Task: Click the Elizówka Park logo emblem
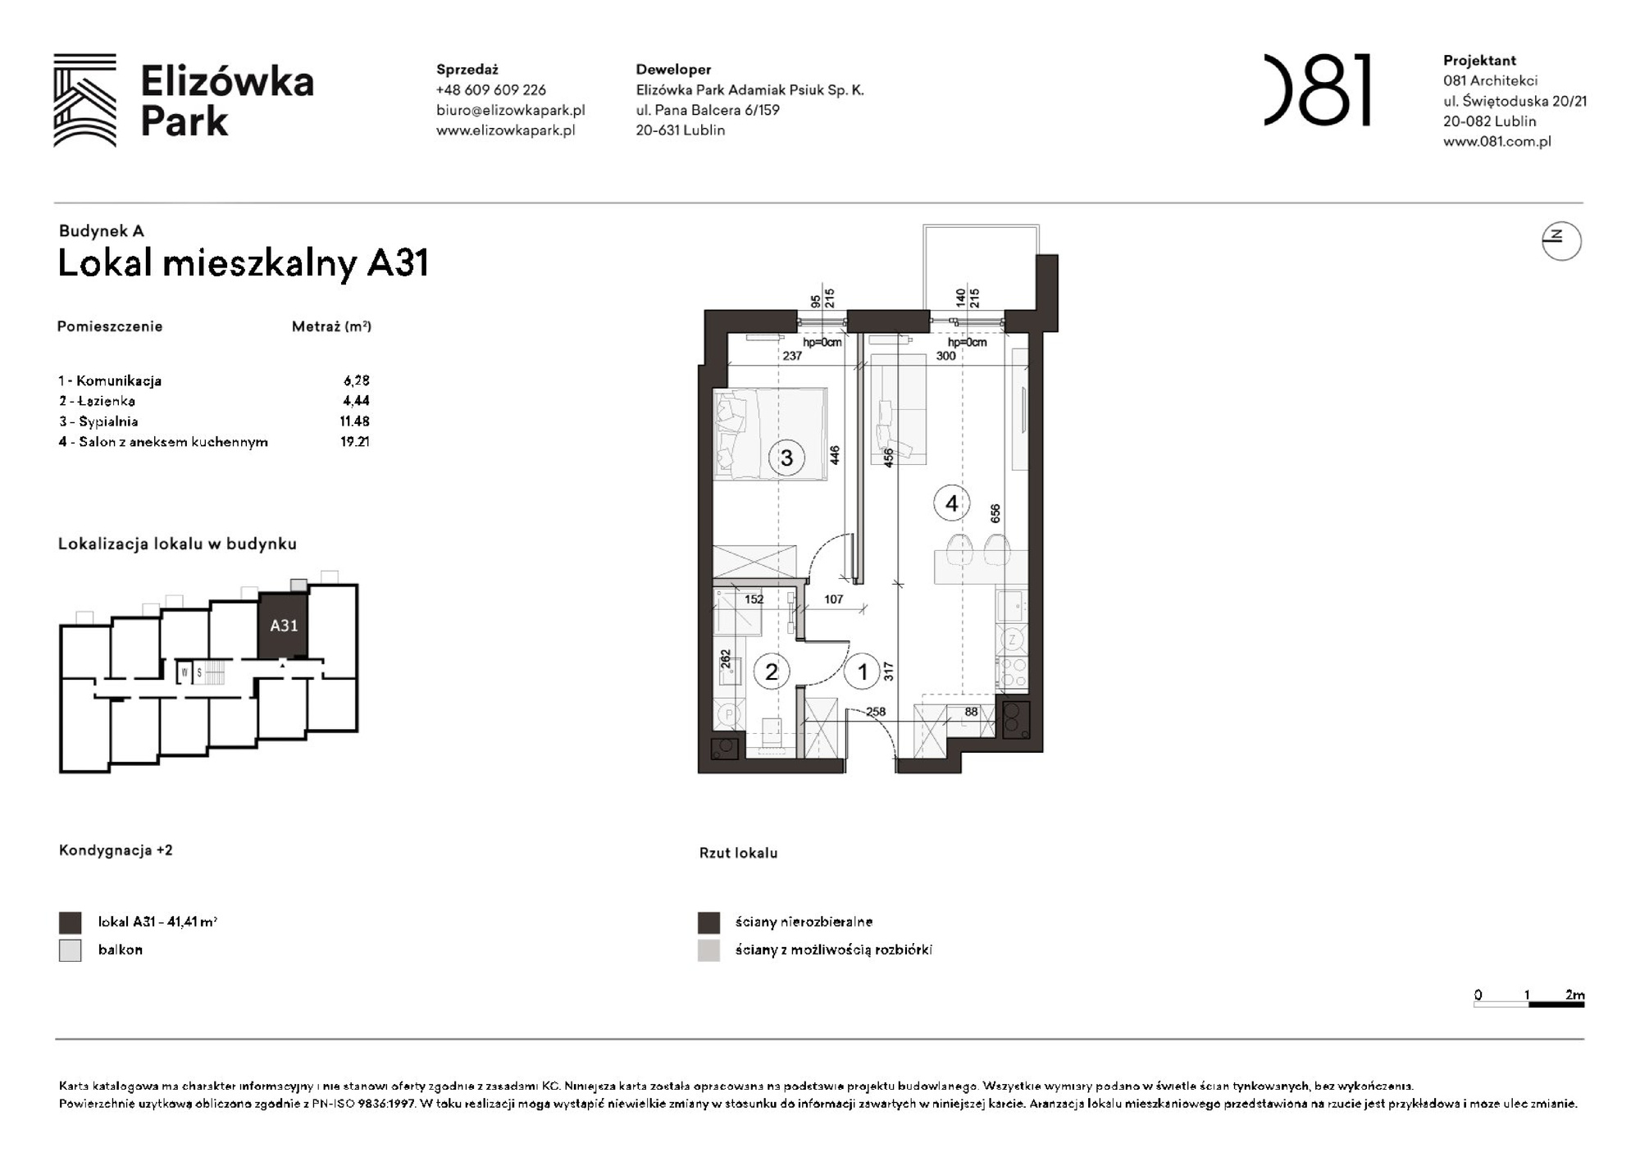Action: [x=84, y=100]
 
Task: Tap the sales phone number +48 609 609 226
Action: [x=490, y=90]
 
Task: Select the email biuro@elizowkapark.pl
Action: [x=510, y=110]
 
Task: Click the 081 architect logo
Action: [x=1317, y=90]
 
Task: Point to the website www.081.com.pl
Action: [x=1496, y=141]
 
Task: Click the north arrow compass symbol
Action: [x=1560, y=241]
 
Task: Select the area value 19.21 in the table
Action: [x=355, y=442]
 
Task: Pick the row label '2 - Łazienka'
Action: [x=97, y=401]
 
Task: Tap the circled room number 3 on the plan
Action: [x=786, y=458]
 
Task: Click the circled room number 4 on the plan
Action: [x=951, y=503]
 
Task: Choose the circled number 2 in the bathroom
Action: [x=771, y=672]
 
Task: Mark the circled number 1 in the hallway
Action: [x=862, y=672]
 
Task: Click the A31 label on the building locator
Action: [x=284, y=626]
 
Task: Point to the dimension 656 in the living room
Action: [x=995, y=513]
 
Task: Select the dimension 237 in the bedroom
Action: [x=791, y=356]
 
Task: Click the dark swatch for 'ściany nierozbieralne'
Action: [x=708, y=922]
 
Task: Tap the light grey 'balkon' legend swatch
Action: [x=71, y=950]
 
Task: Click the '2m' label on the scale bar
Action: [x=1574, y=995]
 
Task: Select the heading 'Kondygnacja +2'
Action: [x=116, y=850]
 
